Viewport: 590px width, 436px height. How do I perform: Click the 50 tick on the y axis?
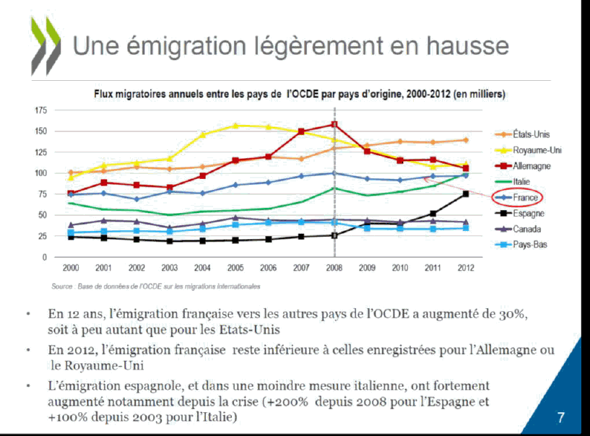coord(42,215)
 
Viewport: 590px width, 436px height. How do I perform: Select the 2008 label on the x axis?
coord(334,269)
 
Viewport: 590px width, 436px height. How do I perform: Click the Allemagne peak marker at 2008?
coord(334,125)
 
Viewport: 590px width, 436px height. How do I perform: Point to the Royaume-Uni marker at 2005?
coord(235,126)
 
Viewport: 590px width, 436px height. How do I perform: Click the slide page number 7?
coord(561,417)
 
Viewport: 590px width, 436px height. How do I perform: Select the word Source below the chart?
coord(61,287)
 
